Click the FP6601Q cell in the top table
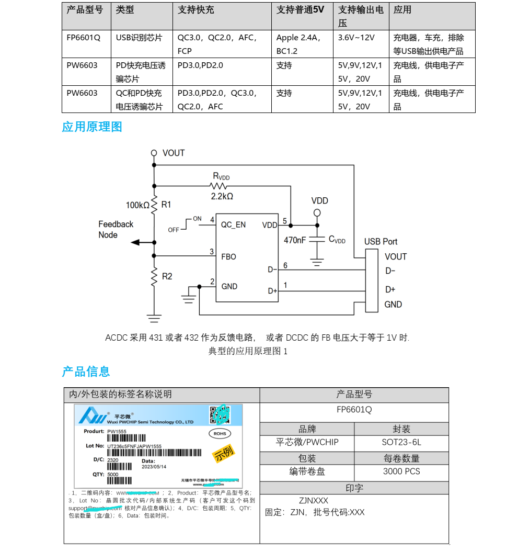point(83,38)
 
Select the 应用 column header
point(402,10)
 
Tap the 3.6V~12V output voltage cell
point(356,38)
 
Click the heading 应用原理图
point(92,127)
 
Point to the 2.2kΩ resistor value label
point(222,196)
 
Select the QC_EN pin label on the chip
point(233,224)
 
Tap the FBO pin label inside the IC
point(229,257)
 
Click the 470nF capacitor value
point(295,240)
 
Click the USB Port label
point(381,242)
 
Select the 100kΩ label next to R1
point(137,205)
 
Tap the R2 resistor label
point(167,276)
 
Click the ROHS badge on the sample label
point(220,433)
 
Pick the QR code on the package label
point(220,414)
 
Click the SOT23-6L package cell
point(401,443)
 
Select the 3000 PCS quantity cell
point(401,471)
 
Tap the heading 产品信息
point(86,372)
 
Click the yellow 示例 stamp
point(224,453)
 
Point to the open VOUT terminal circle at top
point(154,153)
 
